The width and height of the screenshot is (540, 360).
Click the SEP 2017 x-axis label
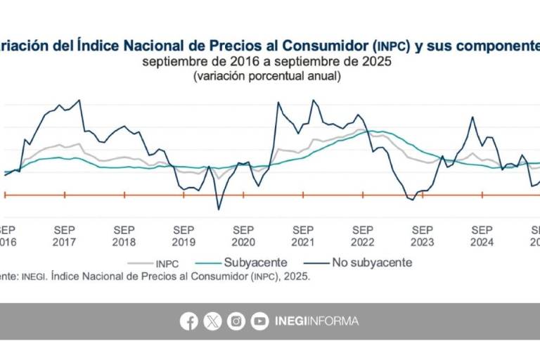(65, 236)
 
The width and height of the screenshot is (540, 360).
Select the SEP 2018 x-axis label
(124, 236)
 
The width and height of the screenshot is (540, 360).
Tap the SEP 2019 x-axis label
(184, 236)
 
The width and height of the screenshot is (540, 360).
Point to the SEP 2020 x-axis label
(243, 236)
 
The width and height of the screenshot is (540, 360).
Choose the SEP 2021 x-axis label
(303, 236)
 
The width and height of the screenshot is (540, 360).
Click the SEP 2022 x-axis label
(363, 236)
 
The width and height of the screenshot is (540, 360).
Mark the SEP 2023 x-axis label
(422, 236)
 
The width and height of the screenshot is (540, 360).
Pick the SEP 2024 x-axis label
(482, 236)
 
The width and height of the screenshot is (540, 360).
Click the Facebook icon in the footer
(189, 321)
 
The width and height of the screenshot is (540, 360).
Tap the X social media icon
(212, 321)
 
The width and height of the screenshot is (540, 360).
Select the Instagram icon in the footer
(236, 321)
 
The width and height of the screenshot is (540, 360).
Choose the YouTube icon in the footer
(259, 321)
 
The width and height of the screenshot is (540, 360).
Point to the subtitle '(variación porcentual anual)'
(267, 76)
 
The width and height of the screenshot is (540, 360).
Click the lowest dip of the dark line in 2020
(219, 209)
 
